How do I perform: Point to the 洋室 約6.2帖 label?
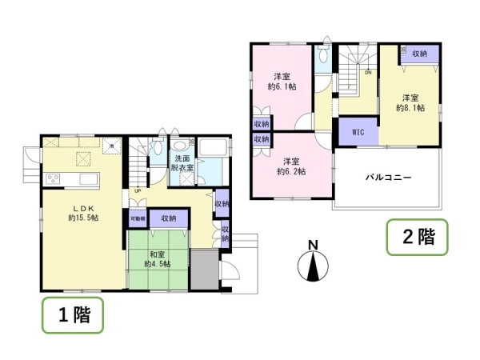pos(291,165)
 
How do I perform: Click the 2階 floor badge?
pos(417,237)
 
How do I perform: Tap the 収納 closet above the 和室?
pos(167,218)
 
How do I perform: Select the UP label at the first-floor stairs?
pos(138,191)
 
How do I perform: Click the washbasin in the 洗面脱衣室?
pos(180,146)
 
